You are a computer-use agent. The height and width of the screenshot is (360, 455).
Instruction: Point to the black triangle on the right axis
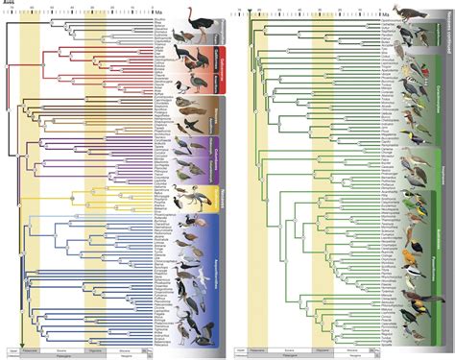tap(249, 12)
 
